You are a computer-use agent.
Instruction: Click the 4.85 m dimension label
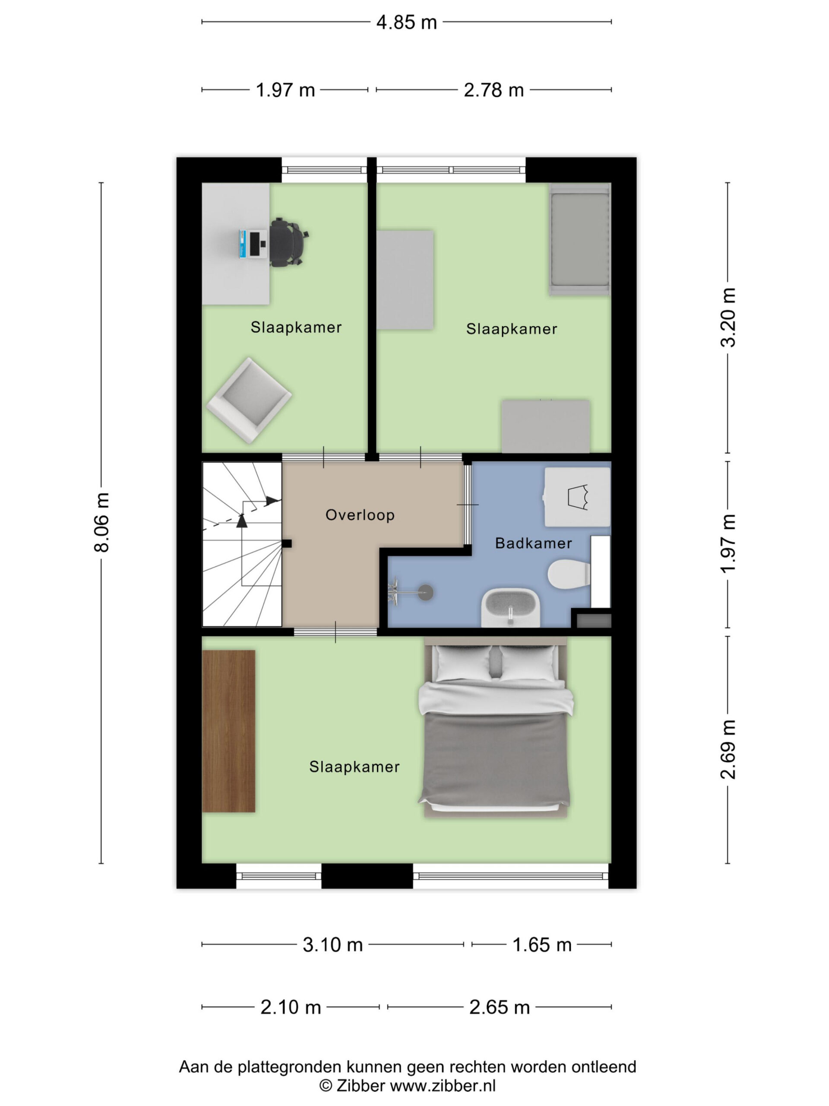pyautogui.click(x=406, y=22)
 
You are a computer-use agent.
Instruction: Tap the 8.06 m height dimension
pyautogui.click(x=101, y=522)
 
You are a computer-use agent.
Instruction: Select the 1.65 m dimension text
pyautogui.click(x=542, y=945)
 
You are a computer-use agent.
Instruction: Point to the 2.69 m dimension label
pyautogui.click(x=728, y=750)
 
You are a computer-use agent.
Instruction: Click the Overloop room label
pyautogui.click(x=360, y=515)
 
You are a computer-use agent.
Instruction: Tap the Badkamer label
pyautogui.click(x=533, y=543)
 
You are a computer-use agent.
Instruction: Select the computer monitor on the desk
pyautogui.click(x=242, y=244)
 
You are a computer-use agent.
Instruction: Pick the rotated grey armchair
pyautogui.click(x=248, y=400)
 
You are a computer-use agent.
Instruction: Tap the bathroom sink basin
pyautogui.click(x=511, y=607)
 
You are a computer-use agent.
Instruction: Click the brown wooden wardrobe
pyautogui.click(x=228, y=731)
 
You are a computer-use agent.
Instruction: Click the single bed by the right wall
pyautogui.click(x=579, y=239)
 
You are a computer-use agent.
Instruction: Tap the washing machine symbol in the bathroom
pyautogui.click(x=577, y=497)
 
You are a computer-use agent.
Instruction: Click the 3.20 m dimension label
pyautogui.click(x=728, y=318)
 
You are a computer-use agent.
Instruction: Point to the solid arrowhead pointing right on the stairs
pyautogui.click(x=273, y=500)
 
